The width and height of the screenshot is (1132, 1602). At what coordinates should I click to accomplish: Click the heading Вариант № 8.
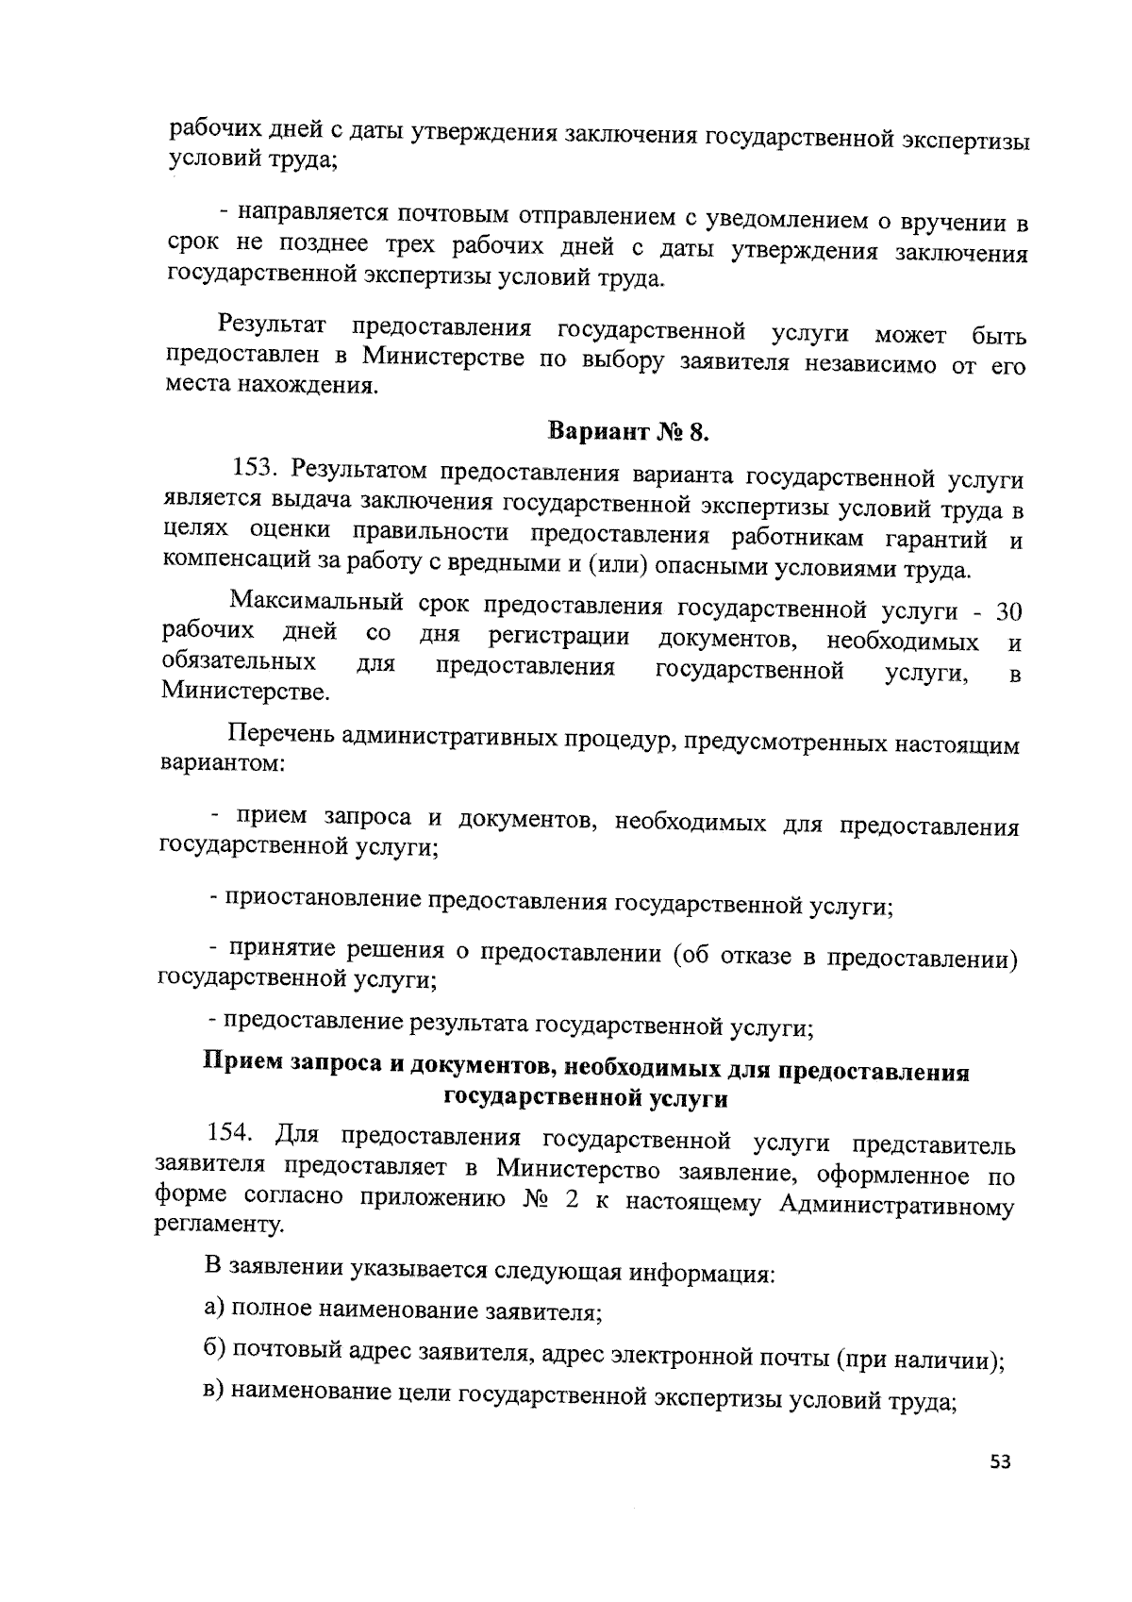click(x=627, y=433)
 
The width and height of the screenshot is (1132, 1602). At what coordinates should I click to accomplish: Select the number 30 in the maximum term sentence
click(x=1008, y=611)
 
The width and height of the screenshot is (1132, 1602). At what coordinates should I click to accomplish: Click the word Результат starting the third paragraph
click(x=273, y=326)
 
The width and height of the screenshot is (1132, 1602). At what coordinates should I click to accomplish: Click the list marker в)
click(x=216, y=1390)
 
